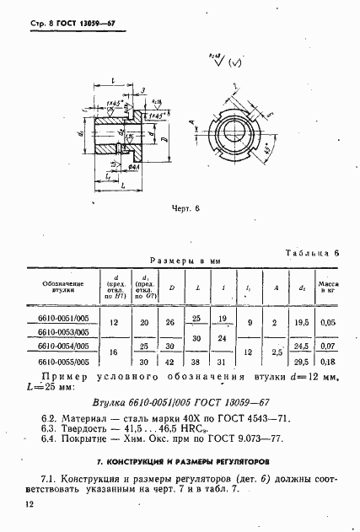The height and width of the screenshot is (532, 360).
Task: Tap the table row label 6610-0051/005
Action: [x=62, y=319]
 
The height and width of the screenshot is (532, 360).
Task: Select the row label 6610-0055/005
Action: [x=62, y=362]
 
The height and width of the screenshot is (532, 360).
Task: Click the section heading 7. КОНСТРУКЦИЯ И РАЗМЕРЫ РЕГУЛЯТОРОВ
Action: [x=180, y=463]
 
